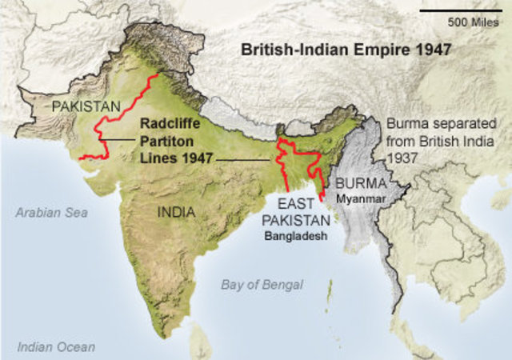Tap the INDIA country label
click(174, 214)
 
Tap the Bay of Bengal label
click(262, 284)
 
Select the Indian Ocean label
click(56, 347)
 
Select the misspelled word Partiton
click(166, 141)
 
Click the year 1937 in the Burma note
click(402, 173)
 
